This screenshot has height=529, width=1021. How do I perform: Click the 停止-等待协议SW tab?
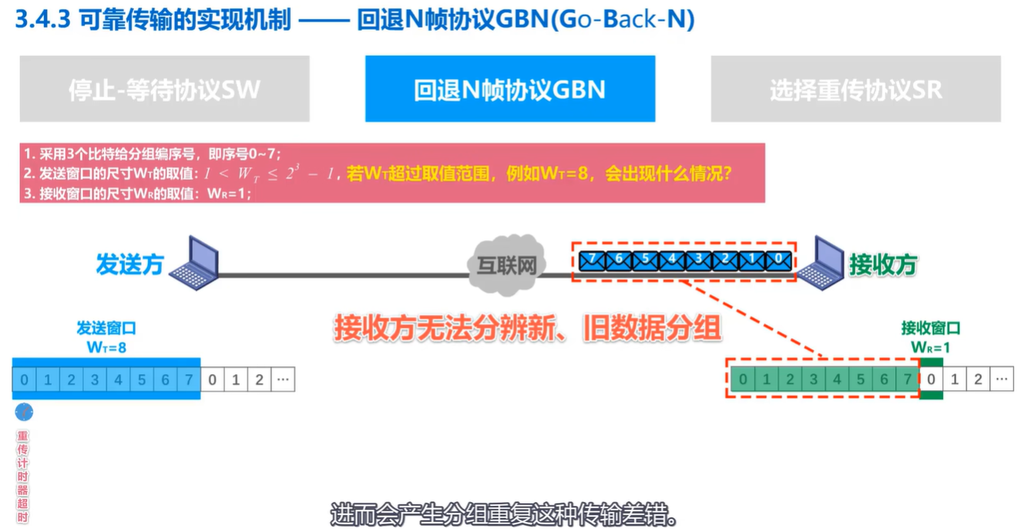pyautogui.click(x=164, y=89)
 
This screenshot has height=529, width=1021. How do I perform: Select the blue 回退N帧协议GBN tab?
pyautogui.click(x=509, y=89)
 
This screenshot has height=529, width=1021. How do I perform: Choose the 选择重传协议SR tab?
pyautogui.click(x=855, y=89)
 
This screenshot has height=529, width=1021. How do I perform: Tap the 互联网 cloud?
pyautogui.click(x=505, y=264)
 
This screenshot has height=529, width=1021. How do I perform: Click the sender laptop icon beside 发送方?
pyautogui.click(x=195, y=263)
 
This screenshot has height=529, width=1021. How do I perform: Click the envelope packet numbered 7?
pyautogui.click(x=592, y=260)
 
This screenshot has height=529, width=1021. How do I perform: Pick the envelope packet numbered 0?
pyautogui.click(x=778, y=260)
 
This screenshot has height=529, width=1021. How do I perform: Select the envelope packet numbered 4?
pyautogui.click(x=671, y=260)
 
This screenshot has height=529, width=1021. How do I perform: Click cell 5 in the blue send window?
pyautogui.click(x=142, y=379)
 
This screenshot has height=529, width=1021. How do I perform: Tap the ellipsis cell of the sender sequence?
pyautogui.click(x=283, y=379)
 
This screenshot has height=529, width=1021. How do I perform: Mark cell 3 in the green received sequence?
pyautogui.click(x=813, y=379)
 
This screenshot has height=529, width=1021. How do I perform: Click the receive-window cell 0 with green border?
pyautogui.click(x=931, y=379)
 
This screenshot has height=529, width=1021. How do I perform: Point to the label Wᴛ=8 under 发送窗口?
pyautogui.click(x=106, y=347)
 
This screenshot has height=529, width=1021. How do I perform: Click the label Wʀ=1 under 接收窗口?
pyautogui.click(x=931, y=347)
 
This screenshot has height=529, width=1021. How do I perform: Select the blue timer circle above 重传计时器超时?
pyautogui.click(x=24, y=413)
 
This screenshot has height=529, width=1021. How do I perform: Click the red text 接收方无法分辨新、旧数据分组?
pyautogui.click(x=527, y=329)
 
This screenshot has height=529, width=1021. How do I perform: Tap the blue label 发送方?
pyautogui.click(x=129, y=264)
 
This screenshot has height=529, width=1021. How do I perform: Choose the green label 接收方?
pyautogui.click(x=883, y=264)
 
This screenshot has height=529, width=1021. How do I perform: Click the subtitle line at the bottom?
pyautogui.click(x=504, y=514)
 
